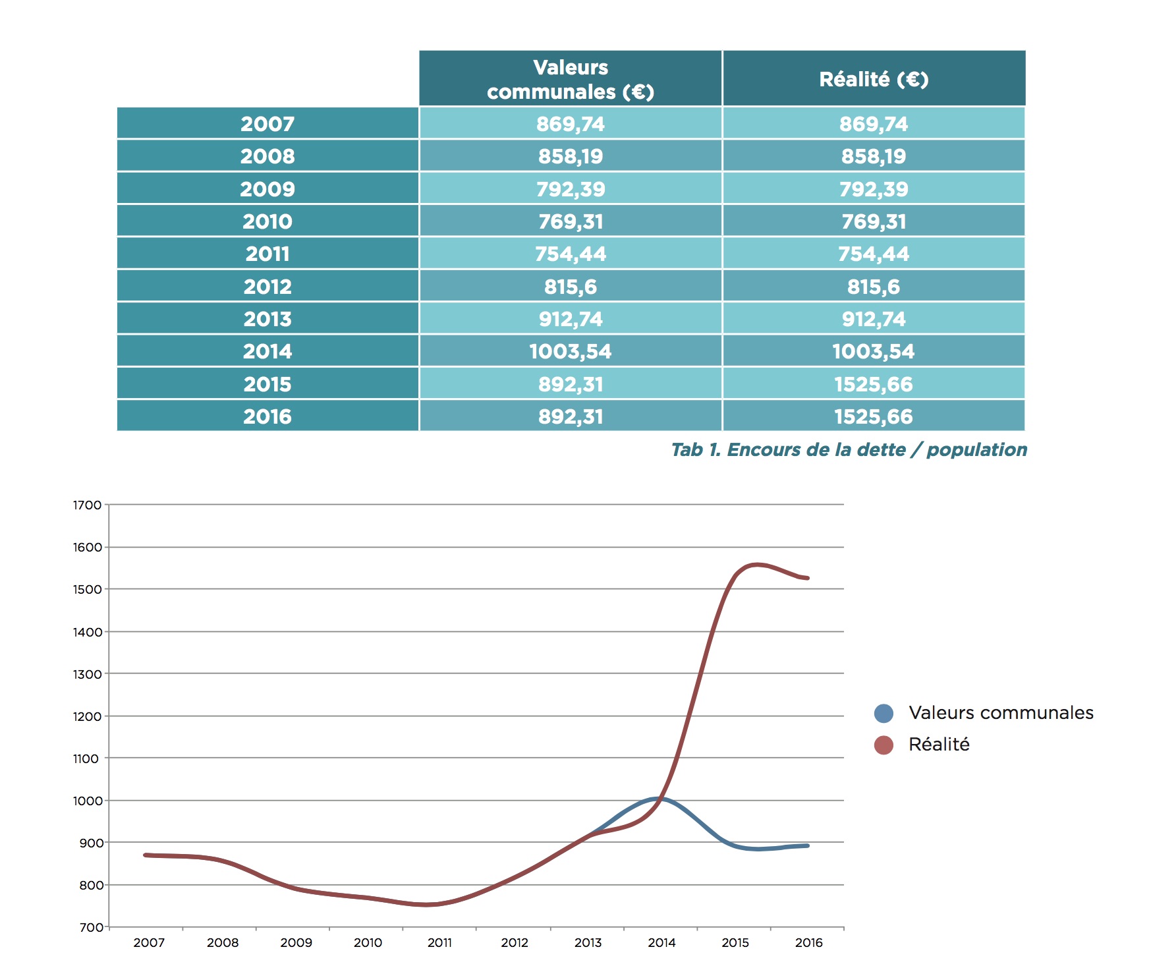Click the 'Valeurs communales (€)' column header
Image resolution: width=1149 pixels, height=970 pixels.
[x=571, y=79]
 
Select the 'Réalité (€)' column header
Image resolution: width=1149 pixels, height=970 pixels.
[x=874, y=79]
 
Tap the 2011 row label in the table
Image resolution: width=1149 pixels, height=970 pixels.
[x=267, y=254]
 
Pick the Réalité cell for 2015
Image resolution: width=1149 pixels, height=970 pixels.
[x=874, y=384]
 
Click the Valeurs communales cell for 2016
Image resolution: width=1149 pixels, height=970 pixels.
[x=571, y=416]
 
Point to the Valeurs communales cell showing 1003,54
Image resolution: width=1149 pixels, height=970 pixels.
[x=571, y=351]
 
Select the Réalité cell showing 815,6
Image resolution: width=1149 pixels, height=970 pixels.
[x=874, y=287]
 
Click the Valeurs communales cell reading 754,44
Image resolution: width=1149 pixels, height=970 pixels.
[x=571, y=254]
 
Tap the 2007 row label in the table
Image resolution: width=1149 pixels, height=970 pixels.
[x=267, y=124]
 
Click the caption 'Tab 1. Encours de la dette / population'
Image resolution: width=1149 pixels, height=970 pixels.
[x=849, y=450]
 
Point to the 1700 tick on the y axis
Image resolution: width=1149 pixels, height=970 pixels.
[x=87, y=505]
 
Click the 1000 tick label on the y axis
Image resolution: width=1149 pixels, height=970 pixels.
[x=87, y=801]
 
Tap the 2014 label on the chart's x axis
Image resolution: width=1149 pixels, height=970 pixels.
[x=661, y=943]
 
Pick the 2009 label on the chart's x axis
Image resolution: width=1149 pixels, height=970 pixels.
[x=296, y=943]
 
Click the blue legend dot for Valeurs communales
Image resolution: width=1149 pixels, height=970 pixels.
[x=883, y=713]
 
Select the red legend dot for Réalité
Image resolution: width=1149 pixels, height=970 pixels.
[x=883, y=745]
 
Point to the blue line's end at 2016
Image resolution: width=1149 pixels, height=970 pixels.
[x=807, y=845]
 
